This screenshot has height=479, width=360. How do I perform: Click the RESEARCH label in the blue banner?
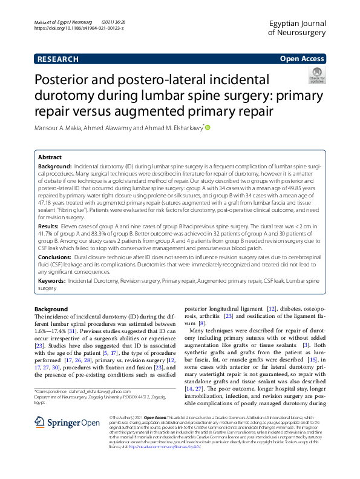57,59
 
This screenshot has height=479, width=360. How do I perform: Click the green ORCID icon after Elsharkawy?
208,128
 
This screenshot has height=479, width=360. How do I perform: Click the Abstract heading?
50,156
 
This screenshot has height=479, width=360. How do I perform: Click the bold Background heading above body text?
51,309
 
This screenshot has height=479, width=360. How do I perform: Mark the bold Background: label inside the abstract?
55,165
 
